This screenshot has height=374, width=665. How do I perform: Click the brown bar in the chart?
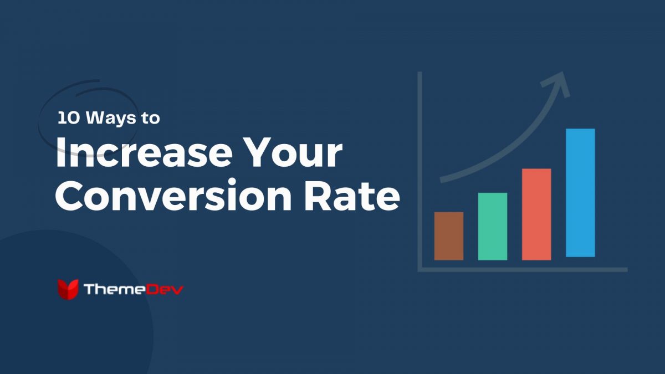pyautogui.click(x=448, y=236)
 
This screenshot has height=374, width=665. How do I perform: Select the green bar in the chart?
pyautogui.click(x=492, y=226)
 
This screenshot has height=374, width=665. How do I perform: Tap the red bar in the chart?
pyautogui.click(x=536, y=214)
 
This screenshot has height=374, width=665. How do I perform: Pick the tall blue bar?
pyautogui.click(x=580, y=193)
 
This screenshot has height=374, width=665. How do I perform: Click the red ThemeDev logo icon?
pyautogui.click(x=68, y=289)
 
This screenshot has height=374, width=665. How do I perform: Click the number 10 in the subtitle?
pyautogui.click(x=66, y=118)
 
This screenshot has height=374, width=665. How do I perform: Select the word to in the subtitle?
pyautogui.click(x=150, y=119)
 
